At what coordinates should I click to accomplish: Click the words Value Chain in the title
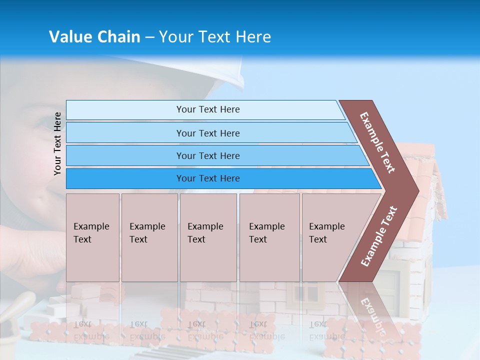tap(94, 37)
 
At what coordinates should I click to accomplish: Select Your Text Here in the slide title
tap(215, 37)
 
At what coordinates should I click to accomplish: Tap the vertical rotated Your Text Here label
tap(58, 143)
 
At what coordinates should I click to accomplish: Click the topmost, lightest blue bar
tap(207, 109)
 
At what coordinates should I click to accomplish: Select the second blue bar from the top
tap(207, 133)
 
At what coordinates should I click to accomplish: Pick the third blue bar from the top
tap(207, 155)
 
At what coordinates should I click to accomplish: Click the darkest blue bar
tap(207, 178)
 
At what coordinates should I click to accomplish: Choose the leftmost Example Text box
tap(92, 237)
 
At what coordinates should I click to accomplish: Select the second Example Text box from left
tap(149, 237)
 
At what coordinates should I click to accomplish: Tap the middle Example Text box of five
tap(208, 237)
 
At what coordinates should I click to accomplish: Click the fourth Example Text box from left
tap(269, 237)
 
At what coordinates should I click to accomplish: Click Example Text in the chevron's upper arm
tap(377, 142)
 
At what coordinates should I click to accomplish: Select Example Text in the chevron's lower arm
tap(379, 236)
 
